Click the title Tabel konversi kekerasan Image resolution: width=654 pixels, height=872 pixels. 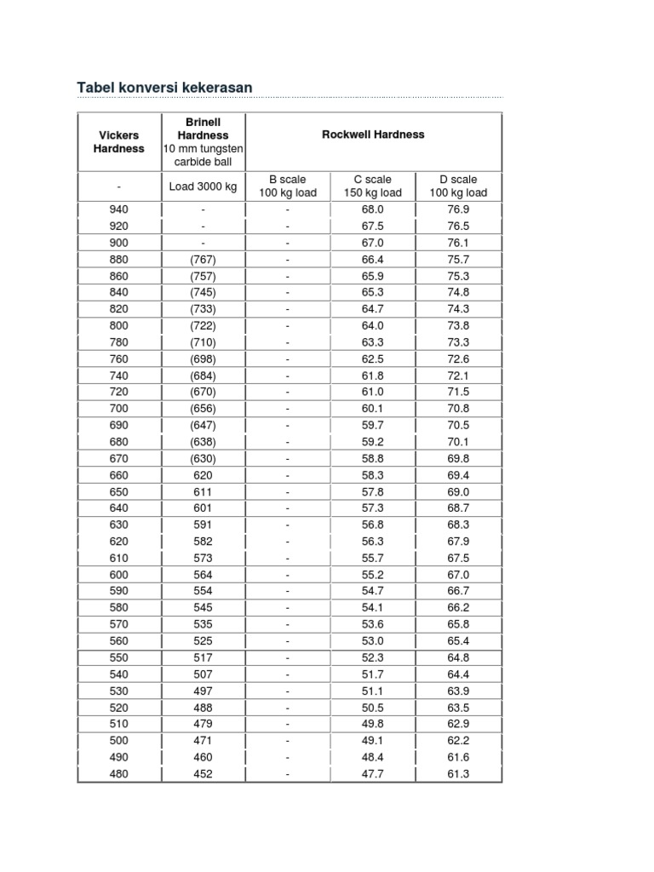(x=164, y=89)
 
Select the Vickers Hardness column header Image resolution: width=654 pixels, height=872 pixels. (x=118, y=141)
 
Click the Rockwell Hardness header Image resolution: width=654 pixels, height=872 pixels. (x=373, y=135)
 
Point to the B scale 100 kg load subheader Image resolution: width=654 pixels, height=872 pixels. (x=288, y=186)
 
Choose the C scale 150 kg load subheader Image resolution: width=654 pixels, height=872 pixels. (x=373, y=186)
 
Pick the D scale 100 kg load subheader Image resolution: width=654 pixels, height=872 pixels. (x=458, y=186)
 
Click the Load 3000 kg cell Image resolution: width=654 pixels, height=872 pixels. (x=203, y=186)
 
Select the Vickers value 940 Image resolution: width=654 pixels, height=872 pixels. (x=118, y=209)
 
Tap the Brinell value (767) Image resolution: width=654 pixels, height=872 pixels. (x=203, y=260)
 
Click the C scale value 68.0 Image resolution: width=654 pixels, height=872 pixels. (x=373, y=209)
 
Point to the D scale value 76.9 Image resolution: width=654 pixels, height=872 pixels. (x=458, y=209)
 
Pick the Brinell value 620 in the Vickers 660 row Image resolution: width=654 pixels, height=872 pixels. (x=203, y=475)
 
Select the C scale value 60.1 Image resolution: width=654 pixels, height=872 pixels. (x=373, y=409)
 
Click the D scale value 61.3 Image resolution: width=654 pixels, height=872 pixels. (x=458, y=774)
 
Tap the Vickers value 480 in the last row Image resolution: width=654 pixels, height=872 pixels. (x=118, y=774)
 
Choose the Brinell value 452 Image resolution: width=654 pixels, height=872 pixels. (x=203, y=774)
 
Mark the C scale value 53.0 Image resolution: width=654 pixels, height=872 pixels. (x=373, y=641)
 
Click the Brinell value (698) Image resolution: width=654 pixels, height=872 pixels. (x=203, y=359)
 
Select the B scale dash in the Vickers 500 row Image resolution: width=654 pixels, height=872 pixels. (x=288, y=741)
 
